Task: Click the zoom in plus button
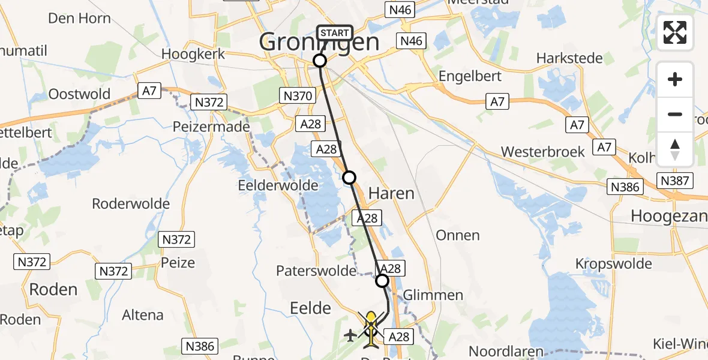click(675, 80)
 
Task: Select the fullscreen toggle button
click(675, 32)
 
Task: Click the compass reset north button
click(675, 149)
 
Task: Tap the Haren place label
click(391, 193)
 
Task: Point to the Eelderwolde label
click(278, 185)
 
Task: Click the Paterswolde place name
click(316, 271)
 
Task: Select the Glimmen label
click(433, 295)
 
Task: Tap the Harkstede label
click(565, 59)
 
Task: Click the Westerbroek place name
click(543, 152)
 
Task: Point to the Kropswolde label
click(613, 264)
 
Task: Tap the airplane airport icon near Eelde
click(350, 335)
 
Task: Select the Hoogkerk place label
click(193, 54)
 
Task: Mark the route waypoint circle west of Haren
click(349, 177)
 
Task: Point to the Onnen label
click(458, 235)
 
